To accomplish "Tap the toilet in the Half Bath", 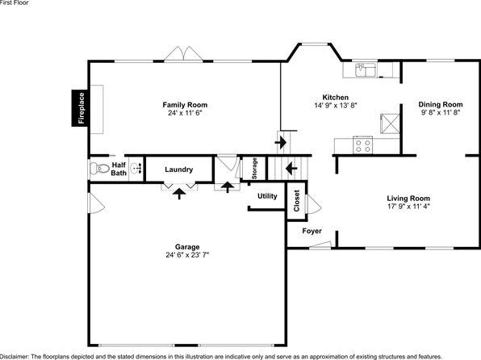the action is [100, 169].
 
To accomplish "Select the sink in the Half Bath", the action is [136, 169].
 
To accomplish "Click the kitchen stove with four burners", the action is [363, 144].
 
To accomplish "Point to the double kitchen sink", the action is [366, 70].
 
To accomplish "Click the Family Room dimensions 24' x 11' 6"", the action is [185, 113].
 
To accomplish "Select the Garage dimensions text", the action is [187, 255].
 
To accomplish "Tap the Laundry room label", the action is [179, 170].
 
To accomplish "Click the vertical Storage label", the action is [254, 169].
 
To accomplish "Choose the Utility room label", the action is [267, 196].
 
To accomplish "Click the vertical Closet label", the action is [297, 201].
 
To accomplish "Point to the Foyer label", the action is [312, 231].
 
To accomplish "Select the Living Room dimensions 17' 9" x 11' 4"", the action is [408, 207].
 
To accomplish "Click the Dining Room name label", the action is [441, 104].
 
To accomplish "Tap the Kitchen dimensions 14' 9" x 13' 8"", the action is [336, 106].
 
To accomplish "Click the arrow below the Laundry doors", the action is [179, 194].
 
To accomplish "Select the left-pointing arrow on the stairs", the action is [291, 169].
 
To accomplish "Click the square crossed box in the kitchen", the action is [390, 123].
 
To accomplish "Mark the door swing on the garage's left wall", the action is [97, 203].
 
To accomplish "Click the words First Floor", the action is [14, 2].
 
